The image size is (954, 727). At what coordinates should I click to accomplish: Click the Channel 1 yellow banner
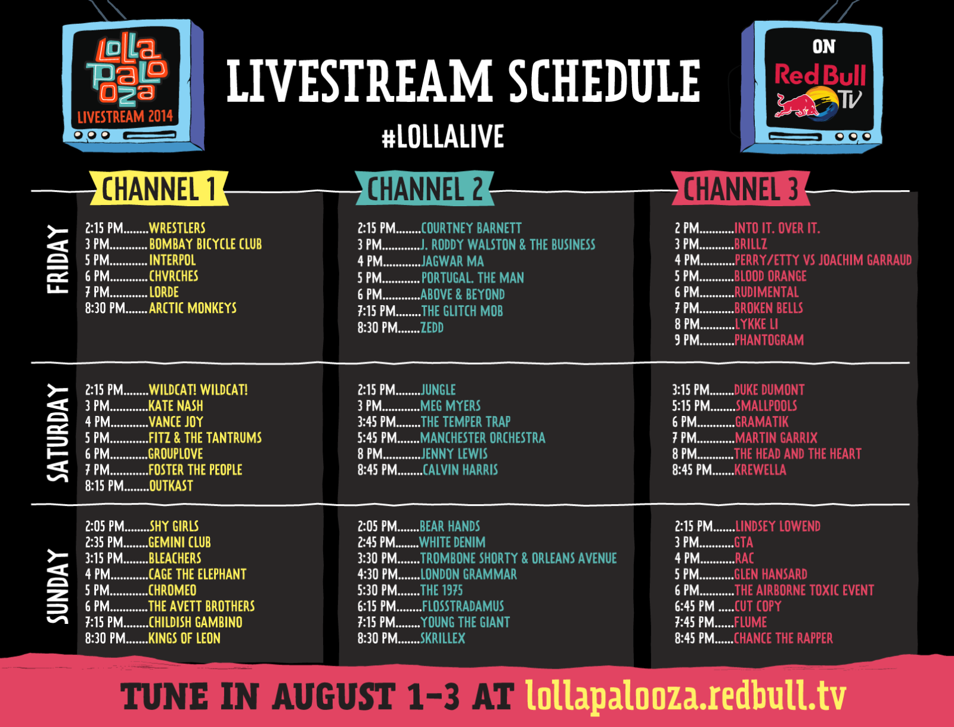pos(159,188)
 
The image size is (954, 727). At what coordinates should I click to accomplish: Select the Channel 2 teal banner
pos(425,188)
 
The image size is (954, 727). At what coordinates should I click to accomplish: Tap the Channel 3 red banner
pos(741,188)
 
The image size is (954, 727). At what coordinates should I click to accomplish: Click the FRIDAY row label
pos(58,259)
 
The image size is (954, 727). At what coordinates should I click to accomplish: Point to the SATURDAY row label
pos(58,433)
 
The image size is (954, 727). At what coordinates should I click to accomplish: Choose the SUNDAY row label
pos(58,586)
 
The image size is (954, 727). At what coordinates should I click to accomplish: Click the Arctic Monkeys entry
pos(193,308)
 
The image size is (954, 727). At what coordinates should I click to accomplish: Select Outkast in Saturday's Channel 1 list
pos(171,486)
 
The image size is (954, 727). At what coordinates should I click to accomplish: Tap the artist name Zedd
pos(432,328)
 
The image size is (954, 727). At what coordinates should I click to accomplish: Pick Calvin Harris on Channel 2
pos(460,470)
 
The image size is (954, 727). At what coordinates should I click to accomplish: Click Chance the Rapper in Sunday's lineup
pos(783,638)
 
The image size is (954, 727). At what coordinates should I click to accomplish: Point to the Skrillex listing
pos(442,638)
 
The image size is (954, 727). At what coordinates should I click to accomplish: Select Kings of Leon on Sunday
pos(184,638)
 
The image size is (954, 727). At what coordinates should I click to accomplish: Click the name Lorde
pos(164,292)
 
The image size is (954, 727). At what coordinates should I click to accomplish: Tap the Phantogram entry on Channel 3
pos(769,340)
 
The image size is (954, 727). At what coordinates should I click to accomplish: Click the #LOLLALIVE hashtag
pos(442,136)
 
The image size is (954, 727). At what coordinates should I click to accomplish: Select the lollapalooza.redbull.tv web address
pos(686,696)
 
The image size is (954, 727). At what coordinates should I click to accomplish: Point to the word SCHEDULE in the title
pos(605,81)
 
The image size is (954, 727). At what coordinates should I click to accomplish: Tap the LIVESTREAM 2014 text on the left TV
pos(125,116)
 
